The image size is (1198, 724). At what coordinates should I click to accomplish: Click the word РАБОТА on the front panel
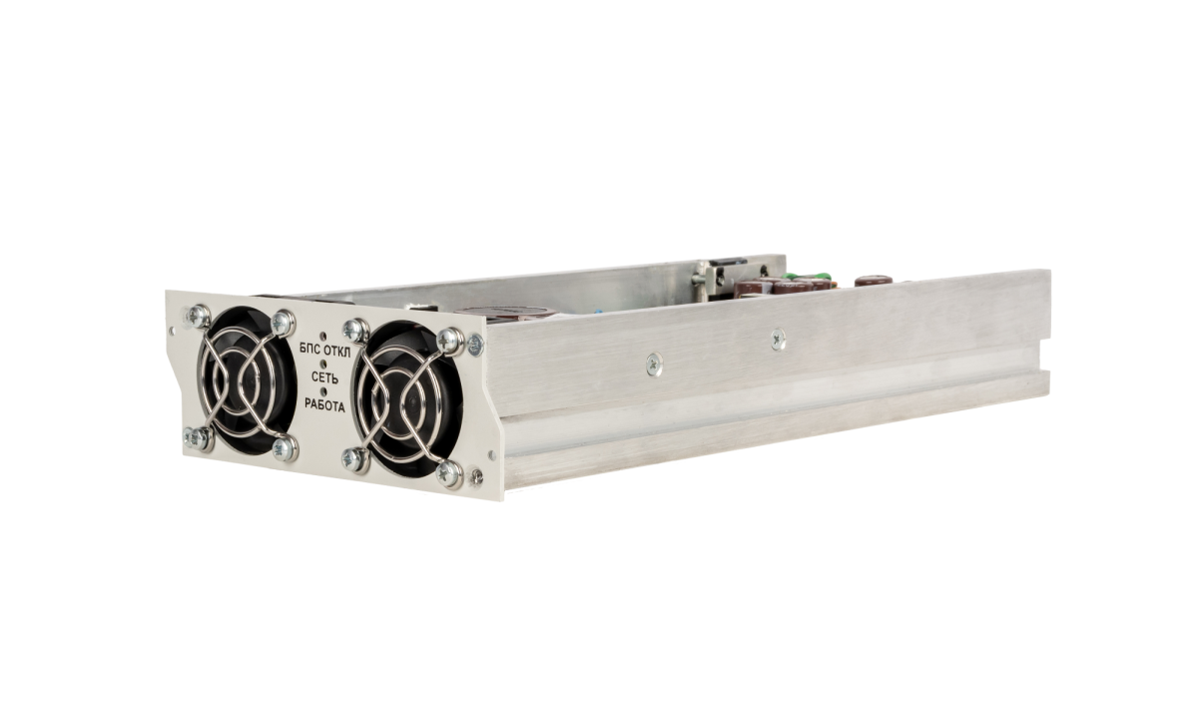point(324,405)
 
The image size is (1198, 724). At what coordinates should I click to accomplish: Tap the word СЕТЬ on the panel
point(324,377)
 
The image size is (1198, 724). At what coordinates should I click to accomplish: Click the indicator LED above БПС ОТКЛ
point(322,337)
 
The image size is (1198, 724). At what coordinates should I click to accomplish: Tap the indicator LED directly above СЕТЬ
point(323,363)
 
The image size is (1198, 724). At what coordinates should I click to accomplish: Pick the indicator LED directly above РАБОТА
point(324,391)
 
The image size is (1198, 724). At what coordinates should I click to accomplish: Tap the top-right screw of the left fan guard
point(283,323)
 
